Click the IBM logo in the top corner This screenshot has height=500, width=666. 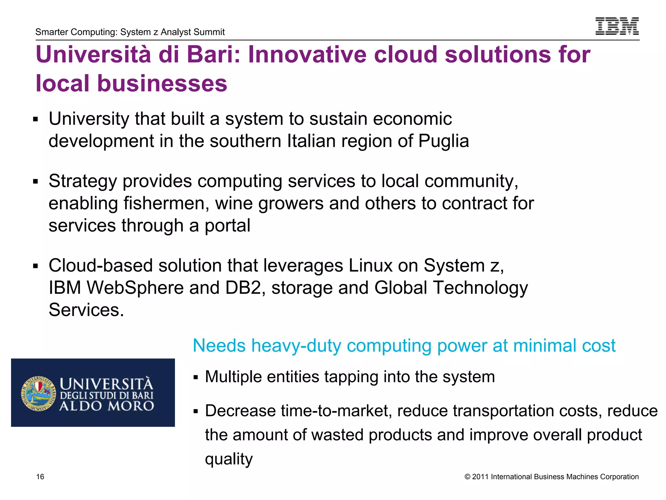tap(617, 26)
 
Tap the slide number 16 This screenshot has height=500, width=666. tap(40, 477)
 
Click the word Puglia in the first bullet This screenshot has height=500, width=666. tap(443, 141)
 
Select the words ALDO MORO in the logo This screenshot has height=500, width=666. tap(107, 406)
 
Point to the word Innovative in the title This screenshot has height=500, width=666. tap(308, 54)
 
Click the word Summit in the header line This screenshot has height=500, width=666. tap(210, 32)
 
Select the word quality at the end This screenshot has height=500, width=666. tap(229, 459)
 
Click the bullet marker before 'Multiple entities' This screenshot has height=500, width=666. tap(195, 378)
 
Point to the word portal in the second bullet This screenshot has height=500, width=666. tap(227, 226)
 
